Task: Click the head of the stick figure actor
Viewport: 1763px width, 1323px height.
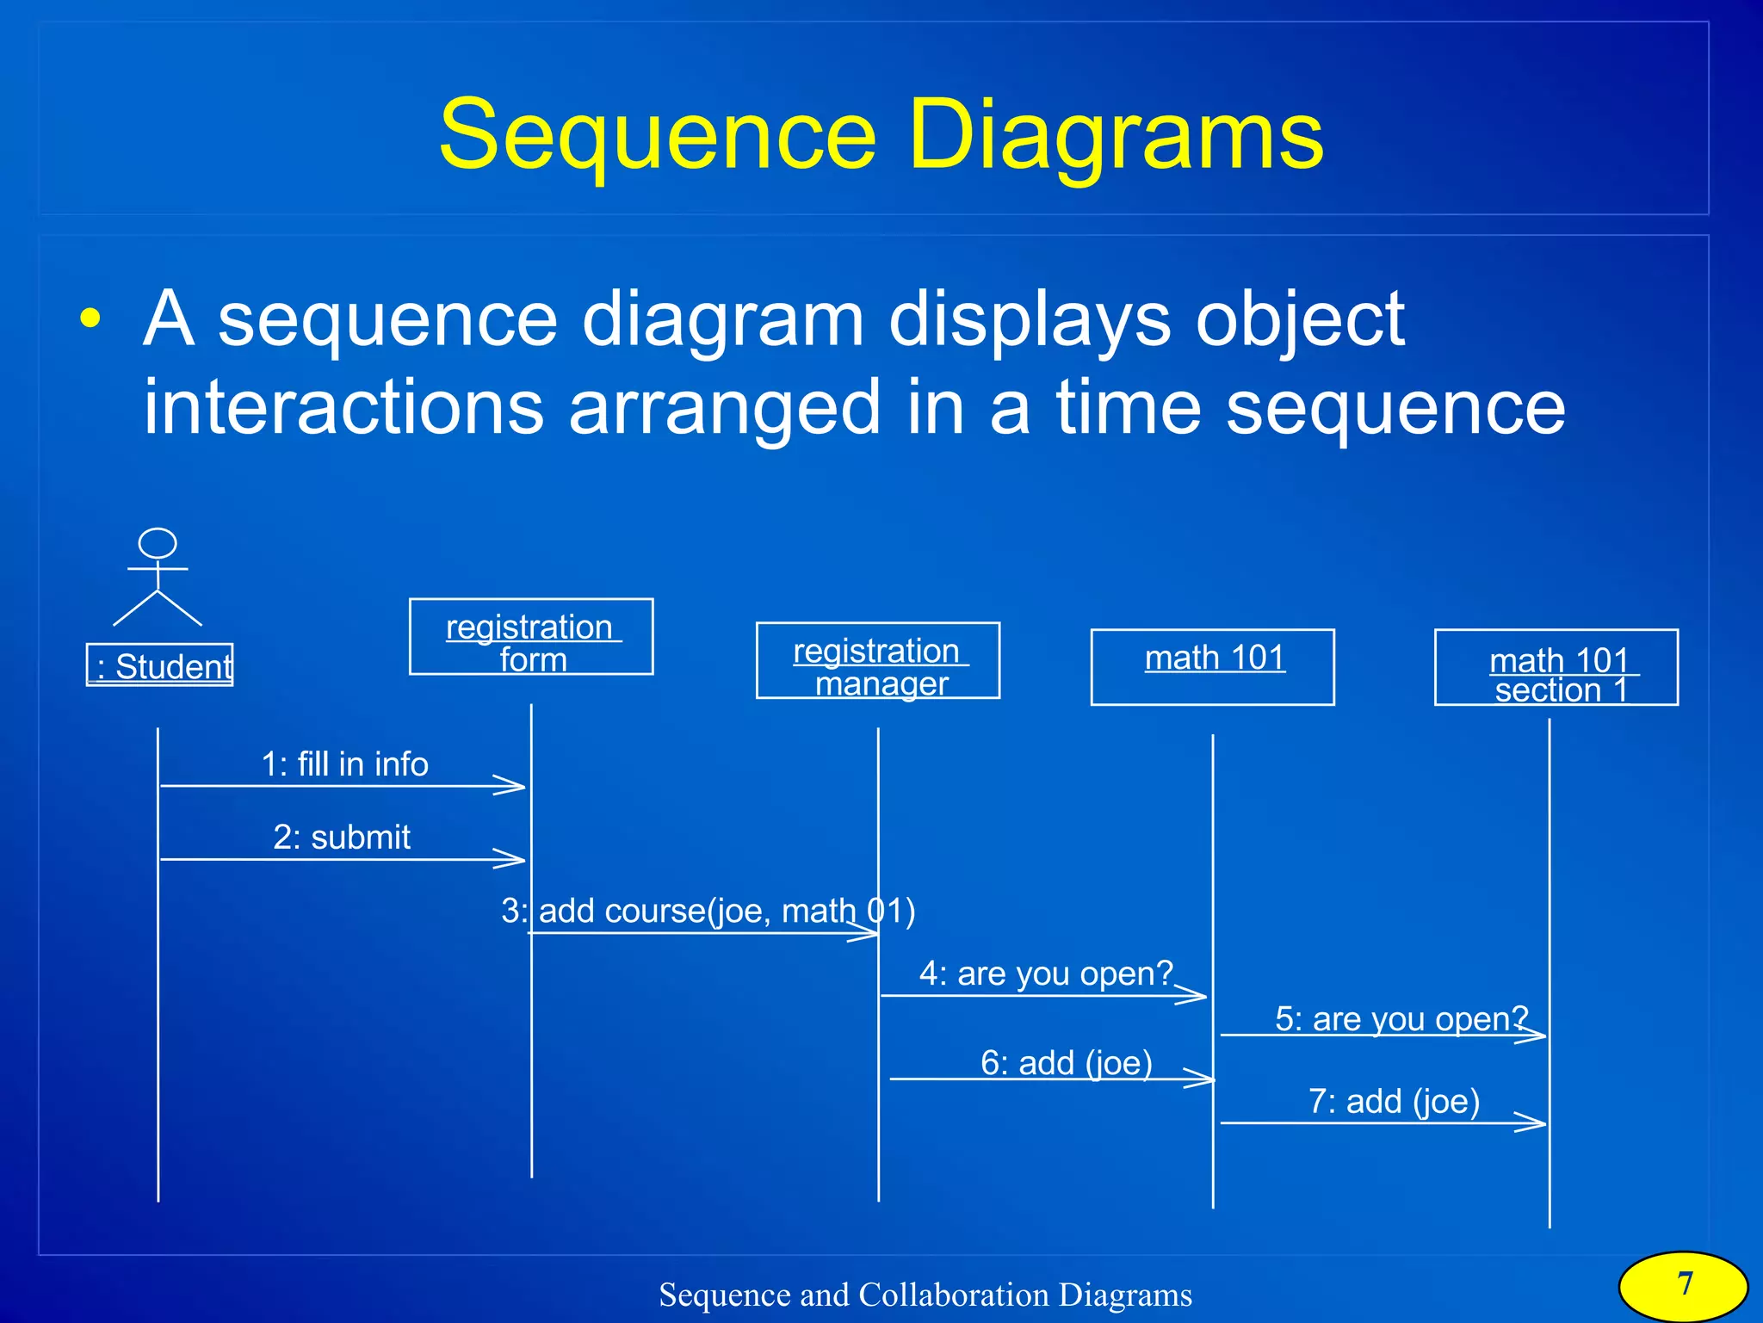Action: pyautogui.click(x=158, y=544)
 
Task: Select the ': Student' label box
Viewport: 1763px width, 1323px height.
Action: pyautogui.click(x=160, y=665)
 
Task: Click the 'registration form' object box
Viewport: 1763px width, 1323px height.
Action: pyautogui.click(x=531, y=637)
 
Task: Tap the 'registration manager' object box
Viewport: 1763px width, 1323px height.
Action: pyautogui.click(x=878, y=660)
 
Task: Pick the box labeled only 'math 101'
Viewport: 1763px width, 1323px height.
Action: pyautogui.click(x=1212, y=667)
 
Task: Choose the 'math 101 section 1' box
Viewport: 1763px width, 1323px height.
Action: pyautogui.click(x=1556, y=668)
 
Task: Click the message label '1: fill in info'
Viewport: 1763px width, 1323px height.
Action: pyautogui.click(x=344, y=764)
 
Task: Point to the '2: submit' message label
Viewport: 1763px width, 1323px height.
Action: pyautogui.click(x=342, y=838)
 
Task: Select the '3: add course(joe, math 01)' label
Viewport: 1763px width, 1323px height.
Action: pyautogui.click(x=708, y=911)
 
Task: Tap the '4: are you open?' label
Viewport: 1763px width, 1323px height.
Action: pyautogui.click(x=1046, y=974)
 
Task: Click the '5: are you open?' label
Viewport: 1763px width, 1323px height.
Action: pyautogui.click(x=1401, y=1019)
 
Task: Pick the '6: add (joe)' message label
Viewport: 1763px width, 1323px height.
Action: pyautogui.click(x=1067, y=1063)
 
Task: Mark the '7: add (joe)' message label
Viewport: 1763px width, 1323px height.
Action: pyautogui.click(x=1394, y=1102)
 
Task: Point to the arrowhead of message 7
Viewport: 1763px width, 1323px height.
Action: pyautogui.click(x=1535, y=1122)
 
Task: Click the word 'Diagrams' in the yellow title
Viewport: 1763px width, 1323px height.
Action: pyautogui.click(x=1116, y=135)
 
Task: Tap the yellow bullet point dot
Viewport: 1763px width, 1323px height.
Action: pyautogui.click(x=90, y=318)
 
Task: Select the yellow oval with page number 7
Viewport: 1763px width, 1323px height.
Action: pyautogui.click(x=1684, y=1285)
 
